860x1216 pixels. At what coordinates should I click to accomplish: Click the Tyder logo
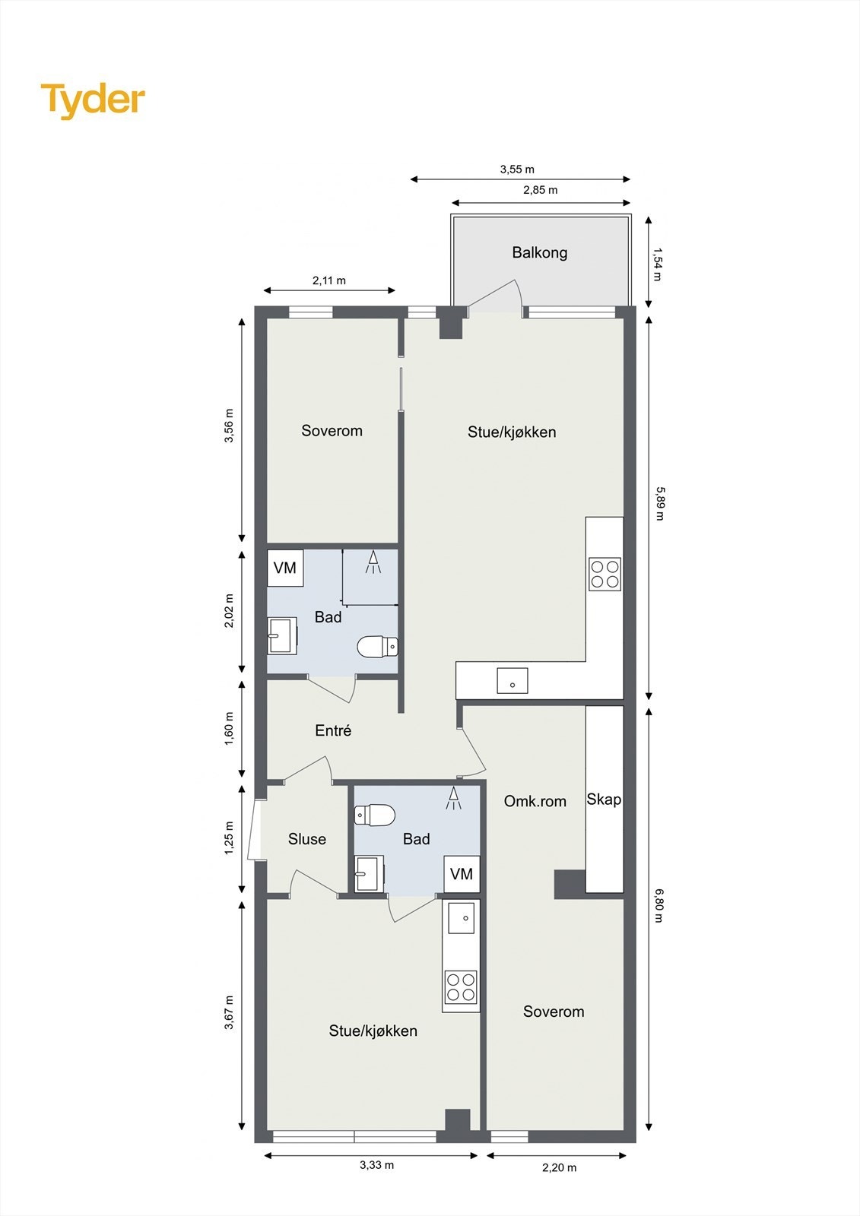[93, 100]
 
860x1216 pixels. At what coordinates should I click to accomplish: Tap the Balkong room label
[539, 252]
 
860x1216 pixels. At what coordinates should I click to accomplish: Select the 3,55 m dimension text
[517, 169]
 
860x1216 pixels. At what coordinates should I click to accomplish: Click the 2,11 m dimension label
[328, 280]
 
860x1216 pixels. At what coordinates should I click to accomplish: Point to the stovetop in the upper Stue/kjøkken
[605, 574]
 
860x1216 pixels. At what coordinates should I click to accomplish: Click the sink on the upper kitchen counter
[513, 680]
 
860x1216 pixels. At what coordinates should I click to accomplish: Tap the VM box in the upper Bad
[285, 568]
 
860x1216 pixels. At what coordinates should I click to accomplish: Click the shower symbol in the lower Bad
[454, 797]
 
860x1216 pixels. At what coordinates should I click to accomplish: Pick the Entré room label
[333, 730]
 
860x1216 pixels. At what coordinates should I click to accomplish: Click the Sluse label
[307, 839]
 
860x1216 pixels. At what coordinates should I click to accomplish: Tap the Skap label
[604, 800]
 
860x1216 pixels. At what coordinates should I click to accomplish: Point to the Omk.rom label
[535, 801]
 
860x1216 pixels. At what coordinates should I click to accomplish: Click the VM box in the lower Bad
[462, 874]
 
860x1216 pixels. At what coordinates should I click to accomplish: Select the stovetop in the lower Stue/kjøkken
[461, 987]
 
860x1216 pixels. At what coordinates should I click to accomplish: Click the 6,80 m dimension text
[659, 907]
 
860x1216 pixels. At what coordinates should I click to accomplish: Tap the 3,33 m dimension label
[377, 1164]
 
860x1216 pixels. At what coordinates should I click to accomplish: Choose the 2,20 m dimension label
[560, 1167]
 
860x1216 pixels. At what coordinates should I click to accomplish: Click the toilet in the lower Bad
[375, 815]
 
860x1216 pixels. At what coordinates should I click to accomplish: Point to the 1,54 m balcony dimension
[658, 264]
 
